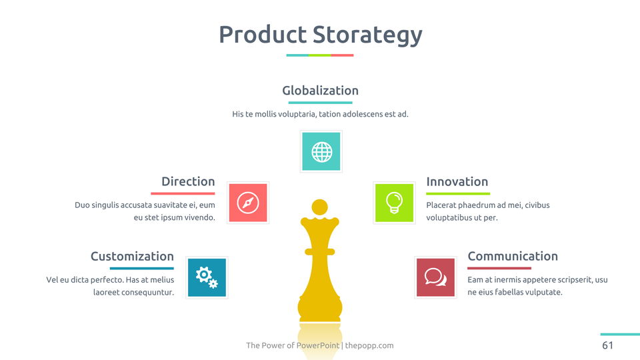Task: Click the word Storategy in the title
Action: tap(368, 35)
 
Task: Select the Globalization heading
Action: tap(321, 90)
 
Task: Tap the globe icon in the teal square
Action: tap(321, 152)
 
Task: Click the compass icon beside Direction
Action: tap(248, 203)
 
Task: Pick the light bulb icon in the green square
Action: tap(394, 203)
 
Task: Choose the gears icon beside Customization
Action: tap(207, 277)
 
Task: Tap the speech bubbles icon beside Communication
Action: tap(435, 277)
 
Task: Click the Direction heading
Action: tap(188, 181)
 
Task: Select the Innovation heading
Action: tap(457, 181)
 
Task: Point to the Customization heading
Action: tap(132, 256)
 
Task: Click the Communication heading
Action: tap(513, 256)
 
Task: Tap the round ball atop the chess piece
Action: tap(319, 207)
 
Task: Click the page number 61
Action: tap(607, 345)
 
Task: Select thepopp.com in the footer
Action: tap(369, 345)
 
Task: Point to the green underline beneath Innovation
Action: tap(458, 193)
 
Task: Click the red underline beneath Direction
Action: tap(183, 193)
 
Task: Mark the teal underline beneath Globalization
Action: tap(321, 103)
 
